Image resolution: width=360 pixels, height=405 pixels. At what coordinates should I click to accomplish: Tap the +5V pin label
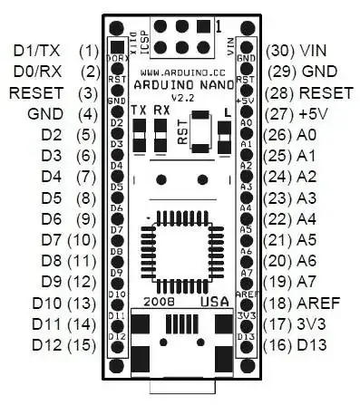click(321, 115)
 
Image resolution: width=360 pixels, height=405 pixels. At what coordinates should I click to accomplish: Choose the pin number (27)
click(281, 115)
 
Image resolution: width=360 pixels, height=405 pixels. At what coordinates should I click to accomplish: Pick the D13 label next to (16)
click(321, 344)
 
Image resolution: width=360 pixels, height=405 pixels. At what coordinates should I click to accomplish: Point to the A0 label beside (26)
click(315, 137)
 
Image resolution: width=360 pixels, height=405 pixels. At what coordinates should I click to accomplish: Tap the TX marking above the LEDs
click(139, 111)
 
